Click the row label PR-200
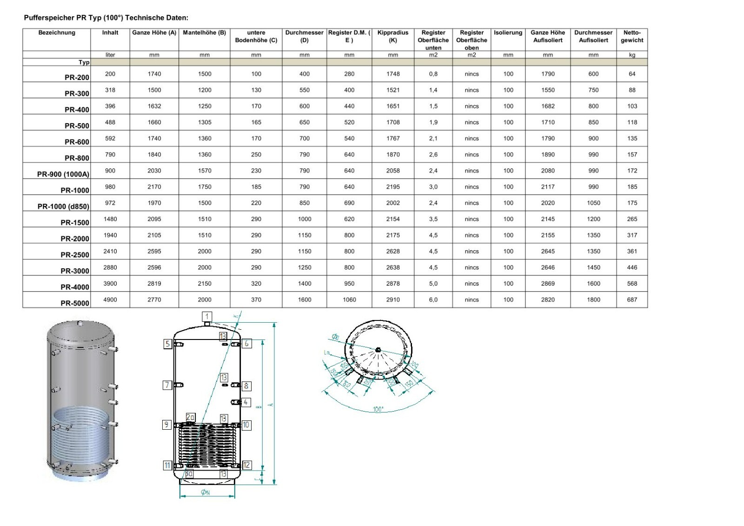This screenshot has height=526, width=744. pos(77,77)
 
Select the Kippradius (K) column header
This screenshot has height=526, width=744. pos(392,36)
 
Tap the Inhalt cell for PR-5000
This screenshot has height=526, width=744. pos(110,300)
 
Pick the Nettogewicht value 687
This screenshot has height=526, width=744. pos(631,300)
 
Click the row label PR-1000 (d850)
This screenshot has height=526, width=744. pos(63,206)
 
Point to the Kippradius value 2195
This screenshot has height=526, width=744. pos(392,186)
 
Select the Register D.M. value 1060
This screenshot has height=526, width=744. pos(349,300)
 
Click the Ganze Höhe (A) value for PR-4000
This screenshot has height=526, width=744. pos(154,283)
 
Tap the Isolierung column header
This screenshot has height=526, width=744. pos(508,33)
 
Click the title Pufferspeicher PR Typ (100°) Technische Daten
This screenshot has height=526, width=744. pos(106,18)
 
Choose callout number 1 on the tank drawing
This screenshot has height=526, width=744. pos(207,316)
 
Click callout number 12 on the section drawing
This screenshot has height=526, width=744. pos(246,465)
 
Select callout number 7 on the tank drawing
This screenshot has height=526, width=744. pos(167,385)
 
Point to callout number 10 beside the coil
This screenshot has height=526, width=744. pos(246,425)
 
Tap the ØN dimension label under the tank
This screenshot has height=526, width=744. pos(205,492)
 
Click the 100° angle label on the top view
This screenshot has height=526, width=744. pos(378,409)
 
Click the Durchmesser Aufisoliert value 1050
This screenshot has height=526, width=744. pos(593,203)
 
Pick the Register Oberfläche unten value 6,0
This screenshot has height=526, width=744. pos(433,300)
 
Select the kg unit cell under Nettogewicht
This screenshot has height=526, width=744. pos(631,55)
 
